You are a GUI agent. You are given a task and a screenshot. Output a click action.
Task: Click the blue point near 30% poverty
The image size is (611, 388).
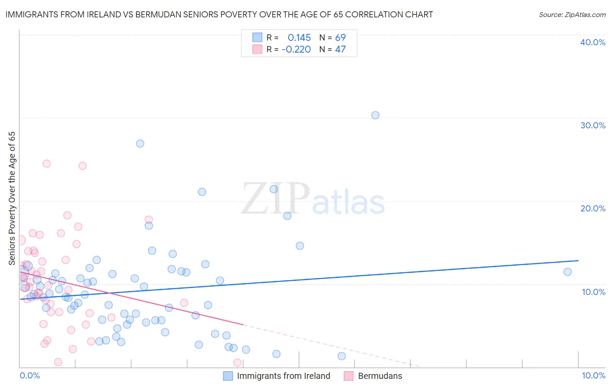tap(375, 115)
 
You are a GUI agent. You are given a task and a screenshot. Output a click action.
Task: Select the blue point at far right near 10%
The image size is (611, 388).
tap(568, 272)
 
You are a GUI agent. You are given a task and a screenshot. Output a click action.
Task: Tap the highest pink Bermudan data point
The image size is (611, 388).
tap(46, 164)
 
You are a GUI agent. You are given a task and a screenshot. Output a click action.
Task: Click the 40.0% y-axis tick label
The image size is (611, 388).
tap(593, 42)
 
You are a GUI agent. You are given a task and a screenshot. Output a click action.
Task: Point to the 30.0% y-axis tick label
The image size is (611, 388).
tap(593, 125)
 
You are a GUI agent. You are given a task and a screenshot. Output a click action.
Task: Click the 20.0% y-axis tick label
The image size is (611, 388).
tap(593, 208)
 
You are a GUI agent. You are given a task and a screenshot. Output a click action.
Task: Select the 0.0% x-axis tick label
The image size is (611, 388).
tap(30, 375)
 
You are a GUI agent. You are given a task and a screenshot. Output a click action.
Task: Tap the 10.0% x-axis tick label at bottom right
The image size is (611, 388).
tap(594, 375)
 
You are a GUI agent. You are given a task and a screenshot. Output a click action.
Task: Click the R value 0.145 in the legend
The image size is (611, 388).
tap(299, 38)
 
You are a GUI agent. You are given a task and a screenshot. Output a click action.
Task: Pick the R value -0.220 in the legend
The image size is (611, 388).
tap(296, 50)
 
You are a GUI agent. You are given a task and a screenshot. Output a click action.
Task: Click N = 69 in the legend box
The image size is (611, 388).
tap(332, 38)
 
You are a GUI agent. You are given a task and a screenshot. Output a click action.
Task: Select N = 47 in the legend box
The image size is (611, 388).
tap(332, 50)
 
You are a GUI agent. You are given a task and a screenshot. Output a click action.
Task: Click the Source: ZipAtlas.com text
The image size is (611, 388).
tap(572, 15)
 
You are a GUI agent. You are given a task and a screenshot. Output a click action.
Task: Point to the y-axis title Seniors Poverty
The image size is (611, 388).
tap(12, 198)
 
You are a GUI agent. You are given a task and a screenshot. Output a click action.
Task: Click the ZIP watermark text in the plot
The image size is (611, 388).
tap(276, 199)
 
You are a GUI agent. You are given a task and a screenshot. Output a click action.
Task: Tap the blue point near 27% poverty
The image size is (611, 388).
tap(140, 144)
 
